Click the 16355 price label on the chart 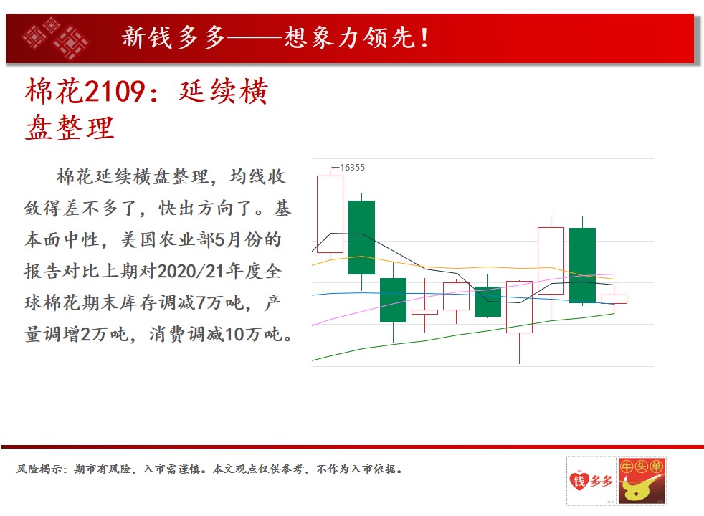[x=353, y=168]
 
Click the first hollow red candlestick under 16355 [x=330, y=214]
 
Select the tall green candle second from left [x=361, y=237]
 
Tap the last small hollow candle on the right [x=614, y=299]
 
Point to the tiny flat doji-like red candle [x=424, y=312]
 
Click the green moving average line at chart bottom [x=463, y=335]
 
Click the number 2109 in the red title [x=114, y=91]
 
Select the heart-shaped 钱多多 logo [x=591, y=481]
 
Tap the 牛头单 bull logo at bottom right [x=642, y=481]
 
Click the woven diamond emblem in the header [x=56, y=39]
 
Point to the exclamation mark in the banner [x=424, y=38]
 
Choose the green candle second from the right [x=582, y=265]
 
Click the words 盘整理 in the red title [x=70, y=128]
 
